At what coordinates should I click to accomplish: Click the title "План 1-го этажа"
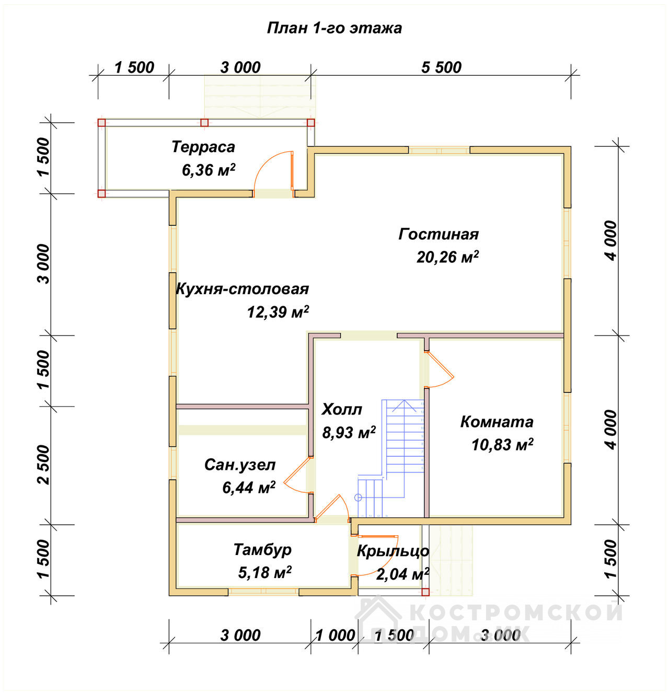tap(334, 28)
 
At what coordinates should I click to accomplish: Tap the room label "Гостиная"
tap(438, 234)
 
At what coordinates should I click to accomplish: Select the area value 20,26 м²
tap(447, 257)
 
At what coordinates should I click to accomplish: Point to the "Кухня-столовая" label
tap(242, 289)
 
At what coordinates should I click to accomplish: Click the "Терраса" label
tap(203, 147)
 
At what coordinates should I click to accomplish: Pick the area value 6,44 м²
tap(249, 487)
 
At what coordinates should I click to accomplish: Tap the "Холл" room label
tap(342, 410)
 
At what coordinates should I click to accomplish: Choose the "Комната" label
tap(497, 422)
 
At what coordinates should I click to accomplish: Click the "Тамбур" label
tap(262, 549)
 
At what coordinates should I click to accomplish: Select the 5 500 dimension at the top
tap(441, 67)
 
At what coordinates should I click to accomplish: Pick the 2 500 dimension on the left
tap(44, 465)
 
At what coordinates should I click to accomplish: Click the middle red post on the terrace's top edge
tap(204, 123)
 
